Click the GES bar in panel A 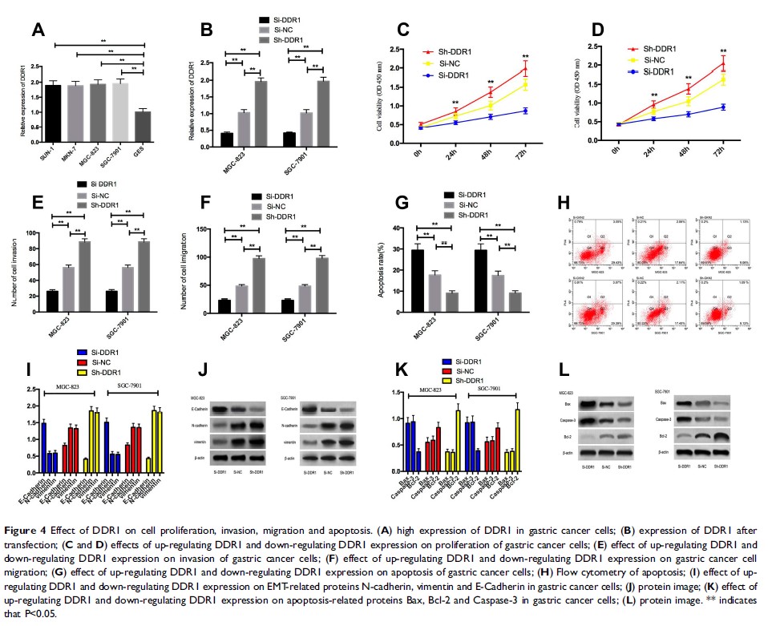tap(144, 126)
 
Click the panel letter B tap(205, 30)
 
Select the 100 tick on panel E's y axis tap(38, 233)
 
